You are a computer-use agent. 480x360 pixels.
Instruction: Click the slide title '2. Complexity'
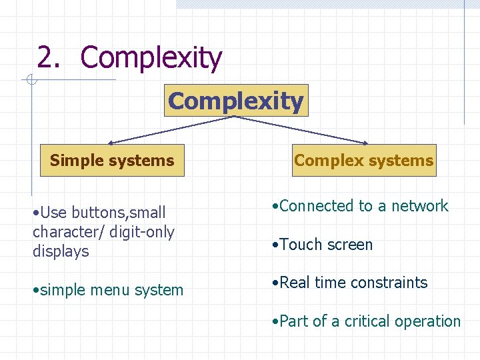click(x=129, y=57)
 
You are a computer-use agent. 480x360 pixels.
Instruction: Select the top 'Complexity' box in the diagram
click(x=236, y=101)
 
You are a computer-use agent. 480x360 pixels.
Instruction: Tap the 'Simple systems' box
click(x=112, y=161)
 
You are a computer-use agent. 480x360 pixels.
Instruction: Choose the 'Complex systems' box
click(x=363, y=161)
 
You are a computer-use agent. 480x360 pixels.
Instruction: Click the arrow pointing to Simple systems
click(x=170, y=129)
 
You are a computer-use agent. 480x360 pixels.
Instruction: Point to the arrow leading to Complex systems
click(x=300, y=129)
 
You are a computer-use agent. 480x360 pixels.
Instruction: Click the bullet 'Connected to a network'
click(x=360, y=206)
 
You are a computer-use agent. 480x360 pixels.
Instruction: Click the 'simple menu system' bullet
click(x=108, y=290)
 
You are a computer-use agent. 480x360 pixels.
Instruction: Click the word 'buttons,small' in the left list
click(x=119, y=213)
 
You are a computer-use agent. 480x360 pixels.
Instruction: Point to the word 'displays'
click(x=61, y=251)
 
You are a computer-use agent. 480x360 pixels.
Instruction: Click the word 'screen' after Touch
click(x=349, y=245)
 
